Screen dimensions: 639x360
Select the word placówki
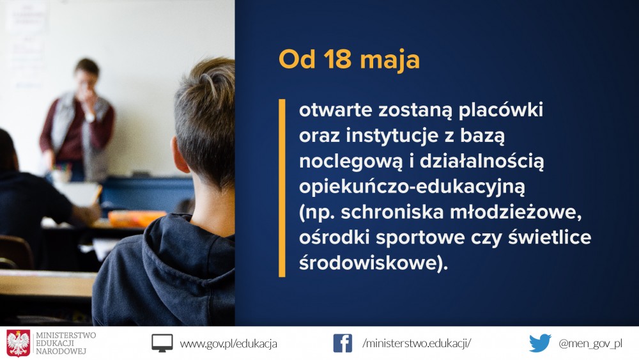click(x=501, y=110)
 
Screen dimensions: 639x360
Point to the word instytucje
click(x=392, y=136)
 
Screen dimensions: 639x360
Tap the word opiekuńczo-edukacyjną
click(x=412, y=187)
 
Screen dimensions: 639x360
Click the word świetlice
click(x=550, y=237)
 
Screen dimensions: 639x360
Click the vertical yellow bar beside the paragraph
click(x=282, y=188)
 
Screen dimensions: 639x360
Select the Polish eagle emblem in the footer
click(x=19, y=343)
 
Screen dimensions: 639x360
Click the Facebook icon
click(x=343, y=343)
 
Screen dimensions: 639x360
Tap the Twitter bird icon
click(x=540, y=343)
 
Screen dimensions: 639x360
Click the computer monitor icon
click(x=162, y=343)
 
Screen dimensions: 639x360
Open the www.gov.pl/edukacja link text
click(x=229, y=343)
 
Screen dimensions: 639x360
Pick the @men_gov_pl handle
click(x=590, y=343)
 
